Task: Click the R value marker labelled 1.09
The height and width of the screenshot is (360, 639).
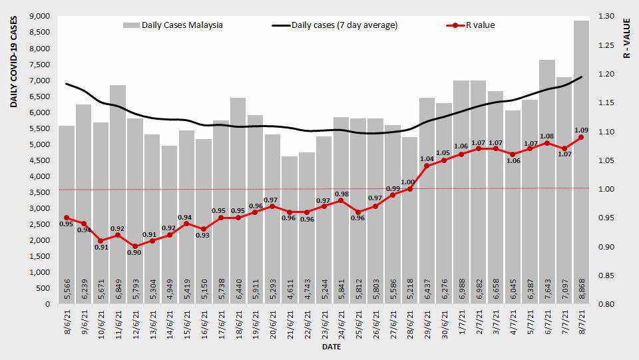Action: (581, 137)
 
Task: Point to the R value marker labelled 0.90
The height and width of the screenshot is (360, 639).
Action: (135, 246)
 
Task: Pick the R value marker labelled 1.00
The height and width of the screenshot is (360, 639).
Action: (409, 189)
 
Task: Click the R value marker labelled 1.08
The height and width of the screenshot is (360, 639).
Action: (547, 143)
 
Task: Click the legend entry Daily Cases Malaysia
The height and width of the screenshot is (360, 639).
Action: (173, 25)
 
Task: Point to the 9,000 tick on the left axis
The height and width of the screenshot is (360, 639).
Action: (39, 16)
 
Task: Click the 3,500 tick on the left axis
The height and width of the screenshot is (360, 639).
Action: (39, 192)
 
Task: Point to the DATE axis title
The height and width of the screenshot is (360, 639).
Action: (331, 347)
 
